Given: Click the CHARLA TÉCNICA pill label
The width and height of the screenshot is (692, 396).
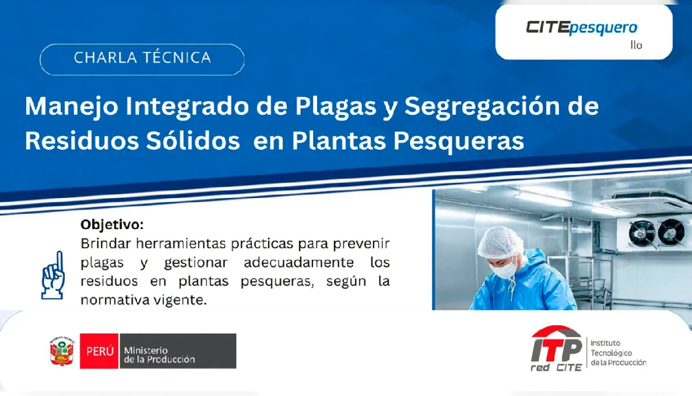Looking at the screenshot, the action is (142, 59).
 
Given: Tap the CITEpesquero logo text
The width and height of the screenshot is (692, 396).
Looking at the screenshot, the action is (581, 28).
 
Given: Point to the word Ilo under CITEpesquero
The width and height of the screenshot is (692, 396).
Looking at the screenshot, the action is (636, 45).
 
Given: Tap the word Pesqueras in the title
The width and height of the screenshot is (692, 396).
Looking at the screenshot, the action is (458, 142).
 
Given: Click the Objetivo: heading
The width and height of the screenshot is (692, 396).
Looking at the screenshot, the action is (112, 225).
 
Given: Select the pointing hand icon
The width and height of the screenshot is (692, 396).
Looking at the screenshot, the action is (53, 275).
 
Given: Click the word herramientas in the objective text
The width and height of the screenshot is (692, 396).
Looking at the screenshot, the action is (181, 243).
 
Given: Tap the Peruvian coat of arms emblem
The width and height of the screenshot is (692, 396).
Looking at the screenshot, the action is (62, 351).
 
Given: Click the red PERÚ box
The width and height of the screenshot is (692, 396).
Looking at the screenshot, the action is (99, 351).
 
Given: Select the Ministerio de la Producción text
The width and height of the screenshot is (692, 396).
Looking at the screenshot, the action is (160, 355).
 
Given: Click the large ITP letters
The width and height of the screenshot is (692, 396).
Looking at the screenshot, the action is (556, 350).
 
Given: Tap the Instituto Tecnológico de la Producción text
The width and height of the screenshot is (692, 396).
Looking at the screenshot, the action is (618, 353).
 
